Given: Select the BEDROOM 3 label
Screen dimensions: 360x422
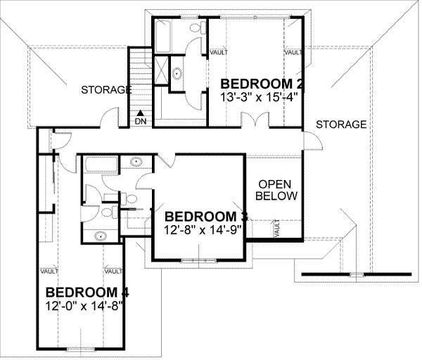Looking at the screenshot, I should coord(203,215).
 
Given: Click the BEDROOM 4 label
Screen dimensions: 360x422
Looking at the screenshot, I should coord(87,292).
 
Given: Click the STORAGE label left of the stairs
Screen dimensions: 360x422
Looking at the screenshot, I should coord(106,90).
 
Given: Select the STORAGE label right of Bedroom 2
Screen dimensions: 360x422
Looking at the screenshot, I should coord(340,124).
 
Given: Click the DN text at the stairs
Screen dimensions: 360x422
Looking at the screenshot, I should coord(141,122).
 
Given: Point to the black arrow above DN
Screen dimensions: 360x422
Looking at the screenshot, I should coord(141,111).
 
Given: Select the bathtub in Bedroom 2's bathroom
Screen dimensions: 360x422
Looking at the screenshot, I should coord(162,35).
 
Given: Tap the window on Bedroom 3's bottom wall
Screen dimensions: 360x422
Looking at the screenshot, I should coord(198,260).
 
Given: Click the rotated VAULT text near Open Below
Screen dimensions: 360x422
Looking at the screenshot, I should coord(276,228).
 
